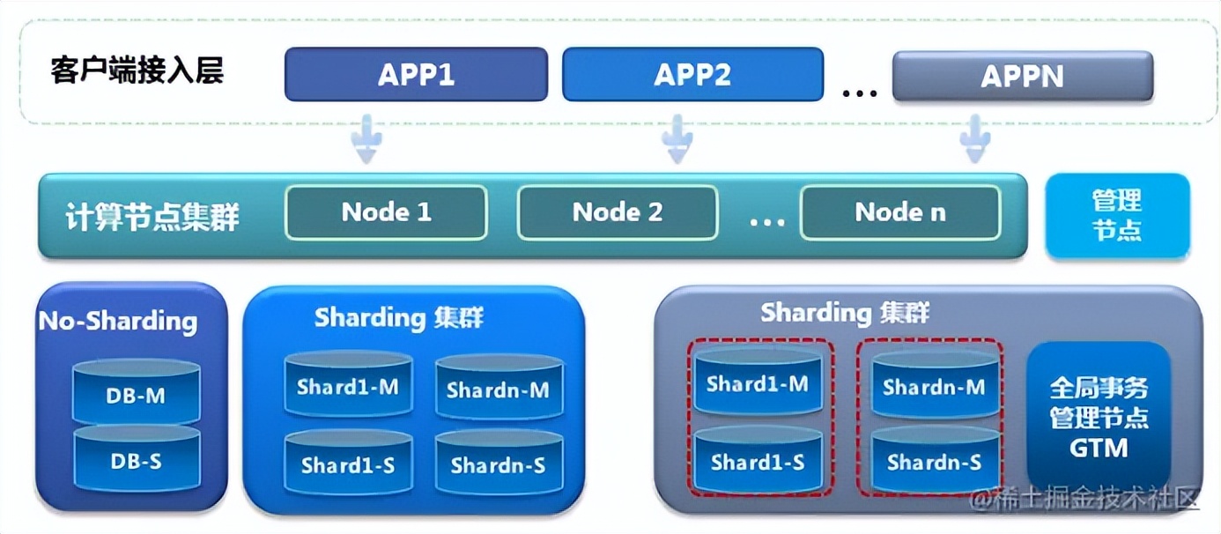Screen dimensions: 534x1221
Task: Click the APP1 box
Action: click(x=416, y=75)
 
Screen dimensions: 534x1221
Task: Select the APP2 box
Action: click(x=692, y=75)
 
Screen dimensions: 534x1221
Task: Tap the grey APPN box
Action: click(x=1022, y=77)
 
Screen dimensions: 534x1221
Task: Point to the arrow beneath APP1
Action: click(x=367, y=138)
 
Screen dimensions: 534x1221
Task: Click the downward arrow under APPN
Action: click(x=975, y=138)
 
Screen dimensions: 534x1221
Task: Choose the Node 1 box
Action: click(x=386, y=212)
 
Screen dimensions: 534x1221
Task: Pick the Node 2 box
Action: click(x=617, y=212)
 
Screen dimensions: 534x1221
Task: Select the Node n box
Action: click(x=899, y=212)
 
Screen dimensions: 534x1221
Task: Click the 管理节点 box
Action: click(x=1117, y=216)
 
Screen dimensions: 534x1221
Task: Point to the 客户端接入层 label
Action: click(x=137, y=70)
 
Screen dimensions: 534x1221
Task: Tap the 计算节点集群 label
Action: click(x=152, y=217)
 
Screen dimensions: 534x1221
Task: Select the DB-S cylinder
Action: click(x=136, y=459)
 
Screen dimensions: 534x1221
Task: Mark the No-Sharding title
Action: click(x=118, y=321)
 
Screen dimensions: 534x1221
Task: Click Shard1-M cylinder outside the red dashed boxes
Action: click(x=348, y=386)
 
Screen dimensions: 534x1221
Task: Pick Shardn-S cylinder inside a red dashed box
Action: click(x=934, y=460)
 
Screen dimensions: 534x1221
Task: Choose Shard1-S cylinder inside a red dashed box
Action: click(x=757, y=460)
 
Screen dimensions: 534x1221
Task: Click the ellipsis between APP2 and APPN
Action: click(x=859, y=91)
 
